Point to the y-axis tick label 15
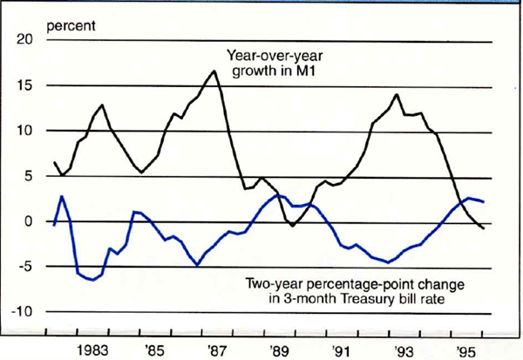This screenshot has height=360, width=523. coord(24,86)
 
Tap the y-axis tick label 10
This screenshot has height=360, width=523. coord(24,132)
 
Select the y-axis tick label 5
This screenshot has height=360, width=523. coord(29,177)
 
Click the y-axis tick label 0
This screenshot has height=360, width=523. coord(29,222)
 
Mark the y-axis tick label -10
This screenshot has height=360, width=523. coord(22,312)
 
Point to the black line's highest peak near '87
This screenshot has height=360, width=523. coord(214,71)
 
